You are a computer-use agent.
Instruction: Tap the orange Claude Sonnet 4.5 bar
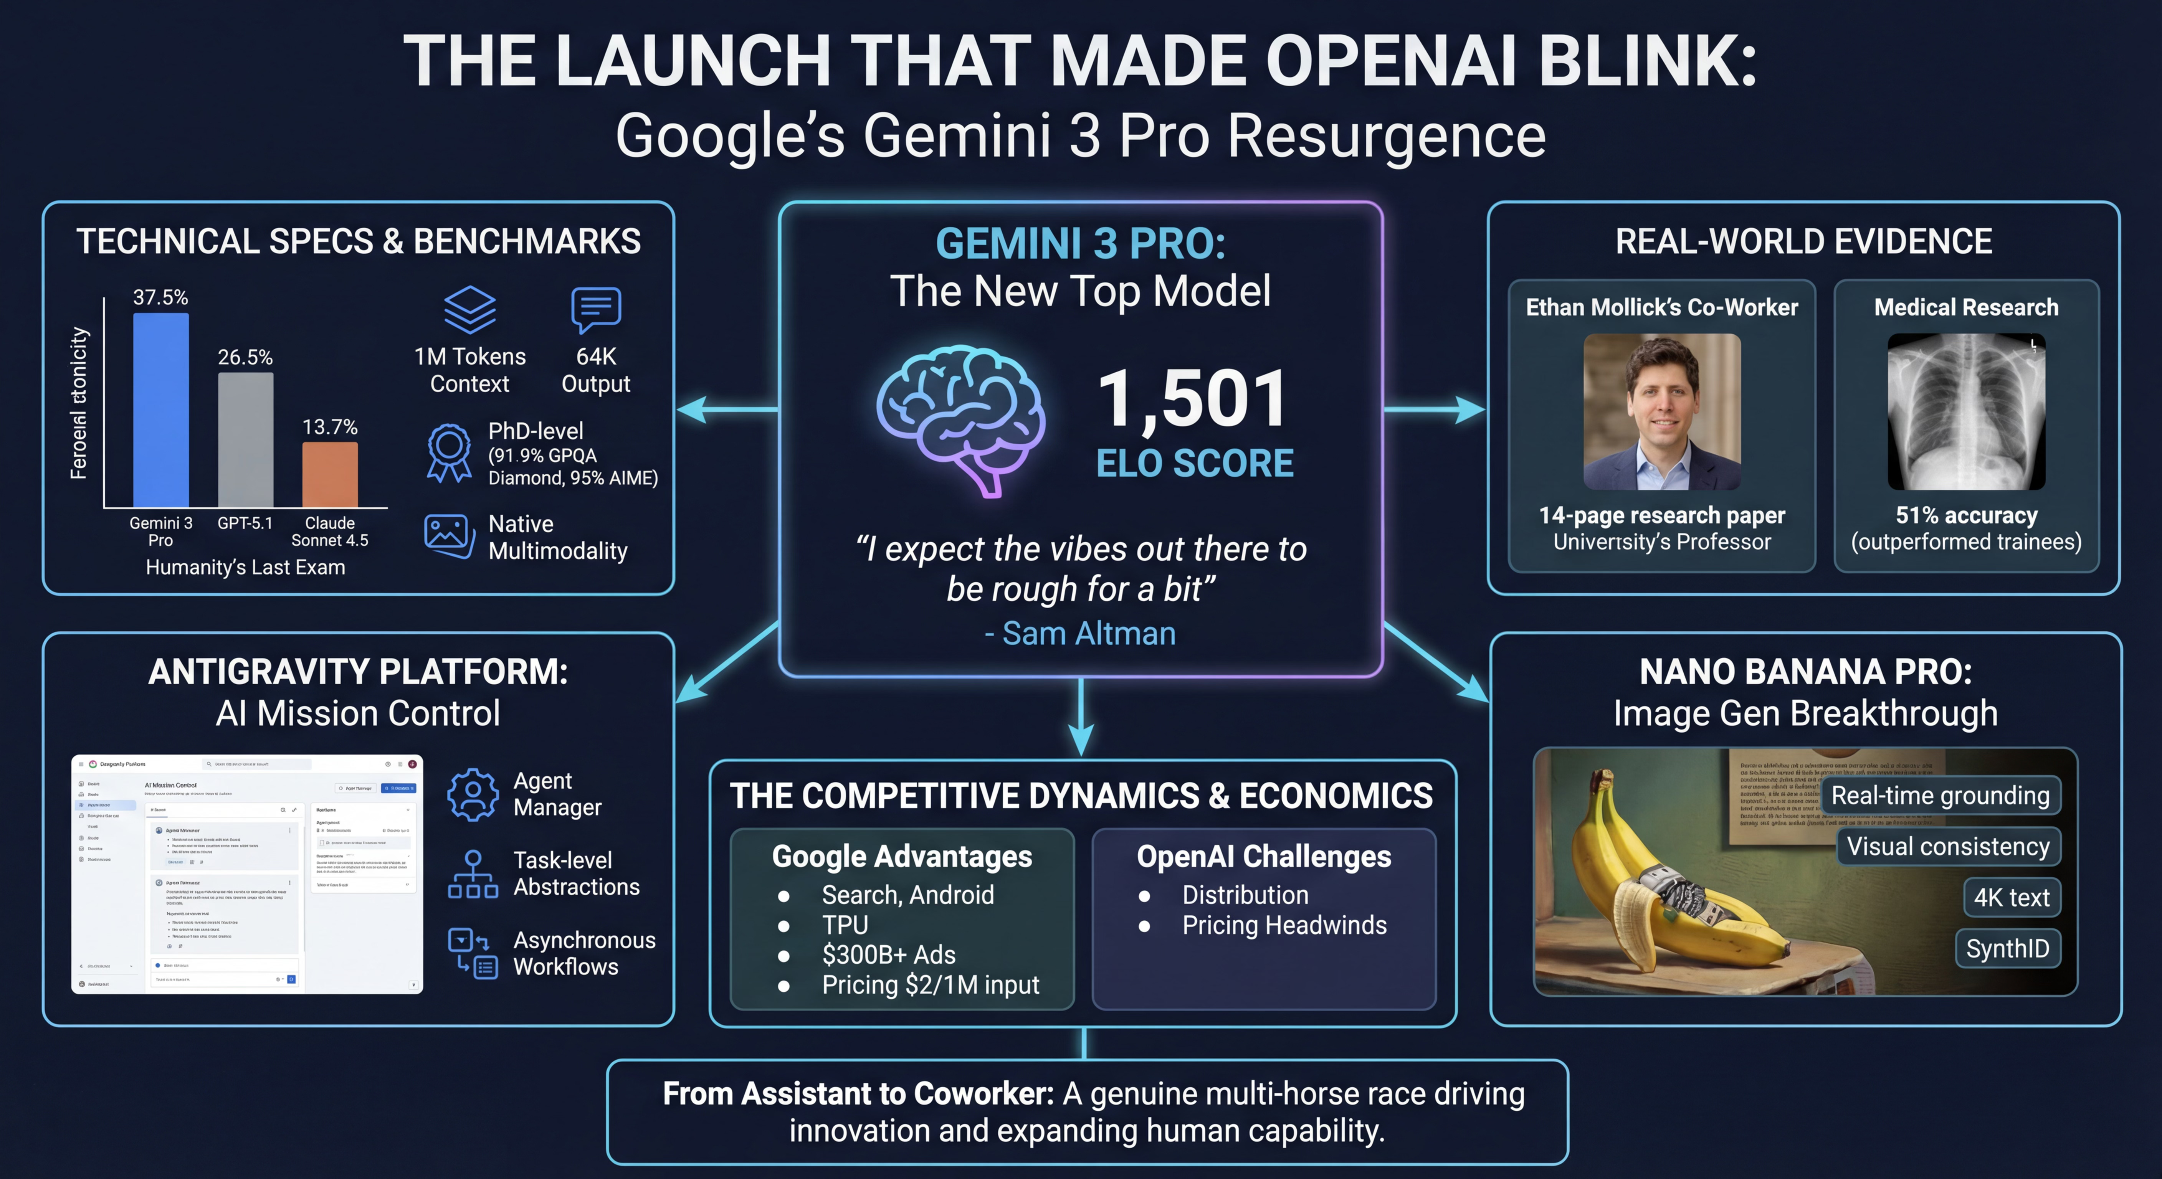pyautogui.click(x=330, y=474)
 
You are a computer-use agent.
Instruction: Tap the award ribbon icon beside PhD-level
pyautogui.click(x=449, y=453)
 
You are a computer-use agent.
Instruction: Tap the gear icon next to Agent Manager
pyautogui.click(x=473, y=794)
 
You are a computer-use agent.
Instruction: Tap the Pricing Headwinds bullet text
pyautogui.click(x=1284, y=925)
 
